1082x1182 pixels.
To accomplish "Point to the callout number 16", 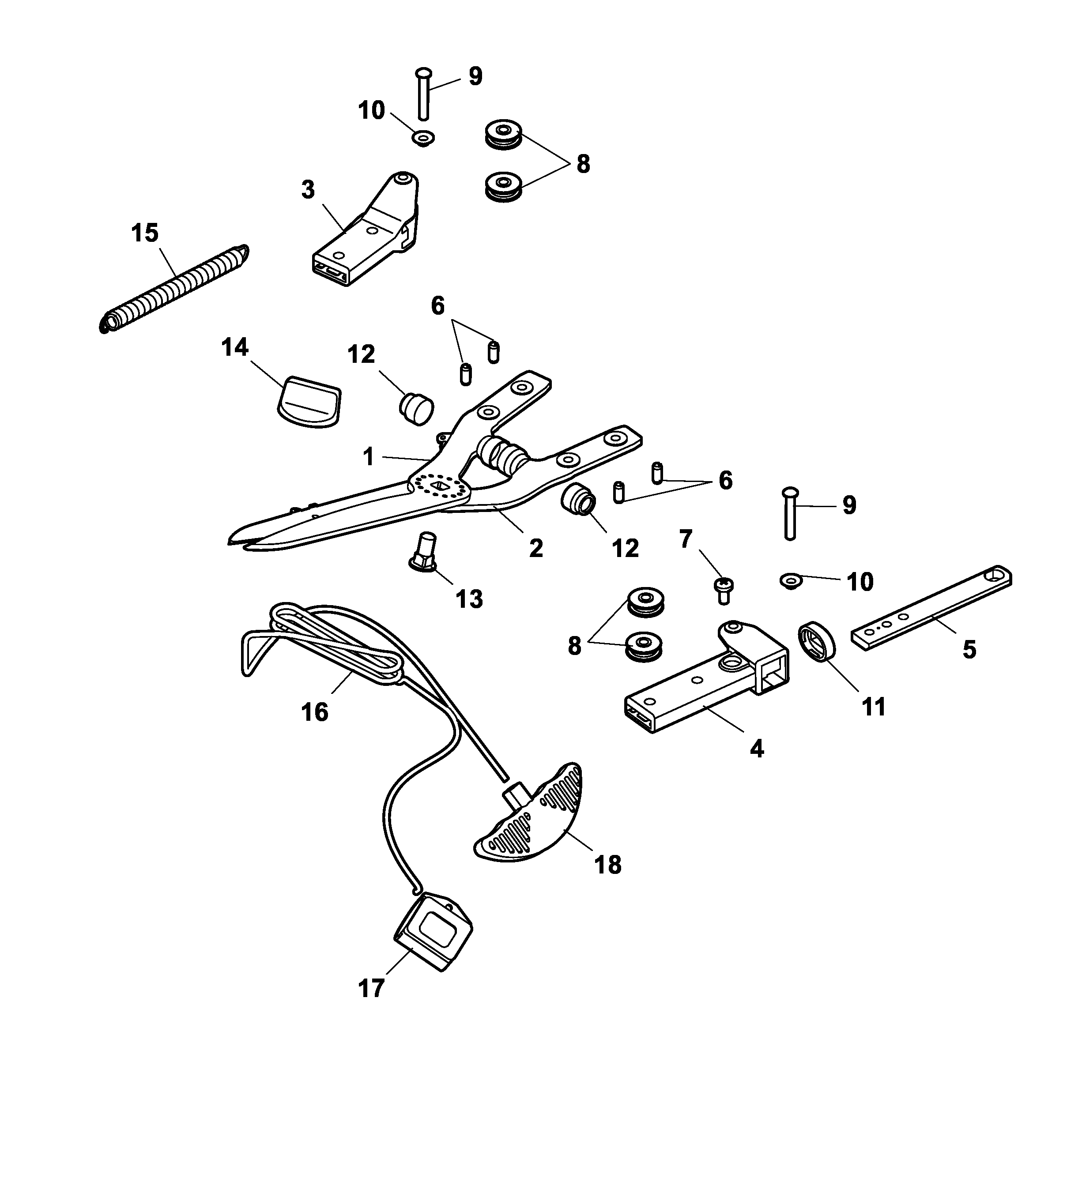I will click(315, 712).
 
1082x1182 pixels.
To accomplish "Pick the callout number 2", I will click(536, 548).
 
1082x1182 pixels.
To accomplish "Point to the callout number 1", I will click(368, 457).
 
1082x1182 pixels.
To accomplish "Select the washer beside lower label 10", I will click(791, 581).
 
